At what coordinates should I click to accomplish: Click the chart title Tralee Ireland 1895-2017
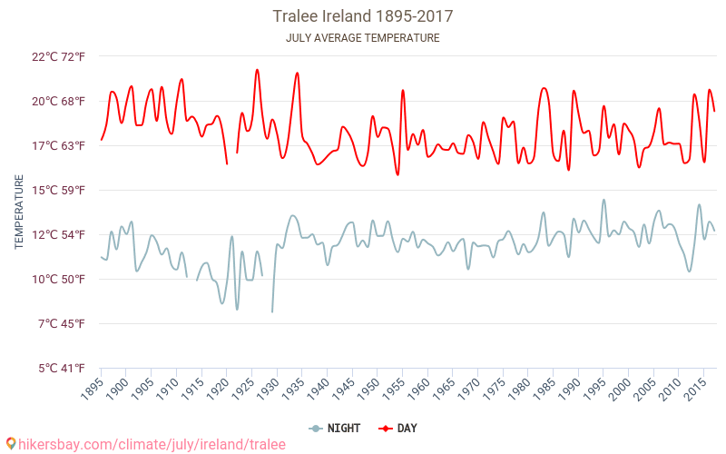coord(363,16)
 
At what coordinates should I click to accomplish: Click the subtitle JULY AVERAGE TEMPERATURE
coord(363,38)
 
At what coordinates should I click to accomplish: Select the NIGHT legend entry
coord(338,428)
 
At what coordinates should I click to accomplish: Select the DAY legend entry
coord(398,428)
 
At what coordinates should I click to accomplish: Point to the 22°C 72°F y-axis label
coord(59,56)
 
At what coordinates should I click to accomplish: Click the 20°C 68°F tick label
coord(59,101)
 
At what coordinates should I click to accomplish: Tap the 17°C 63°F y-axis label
coord(59,145)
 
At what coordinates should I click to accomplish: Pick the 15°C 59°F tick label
coord(59,190)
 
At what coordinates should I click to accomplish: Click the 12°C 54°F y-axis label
coord(59,234)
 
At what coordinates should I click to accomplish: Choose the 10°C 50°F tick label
coord(59,279)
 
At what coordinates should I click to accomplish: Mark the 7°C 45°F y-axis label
coord(62,323)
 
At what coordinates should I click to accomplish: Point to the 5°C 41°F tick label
coord(62,368)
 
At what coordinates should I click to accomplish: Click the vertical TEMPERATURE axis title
coord(19,212)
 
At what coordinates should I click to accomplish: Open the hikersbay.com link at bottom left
coord(145,444)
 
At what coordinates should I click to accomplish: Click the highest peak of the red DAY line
coord(257,70)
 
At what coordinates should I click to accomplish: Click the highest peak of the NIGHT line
coord(603,200)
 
